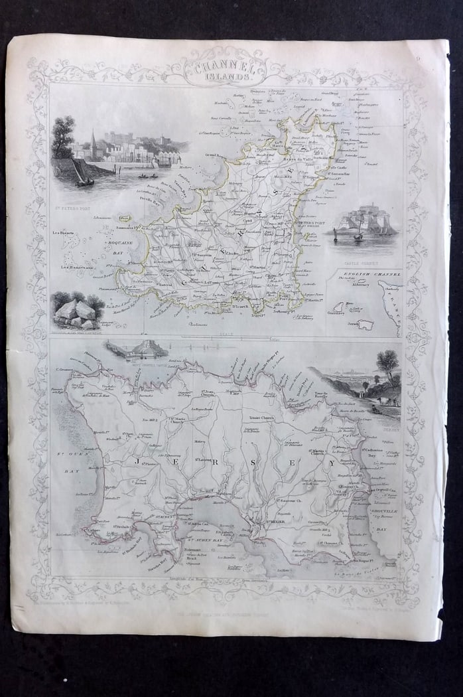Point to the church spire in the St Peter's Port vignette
94,141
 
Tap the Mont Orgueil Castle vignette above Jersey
142,348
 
